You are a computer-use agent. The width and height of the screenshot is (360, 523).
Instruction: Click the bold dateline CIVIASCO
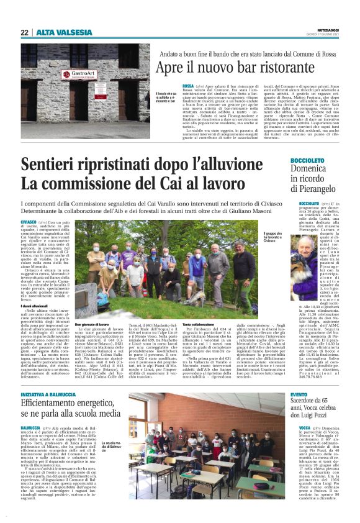29,222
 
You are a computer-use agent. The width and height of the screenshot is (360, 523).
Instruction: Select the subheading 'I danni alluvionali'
36,306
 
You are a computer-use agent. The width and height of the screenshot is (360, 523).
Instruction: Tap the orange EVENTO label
299,378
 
